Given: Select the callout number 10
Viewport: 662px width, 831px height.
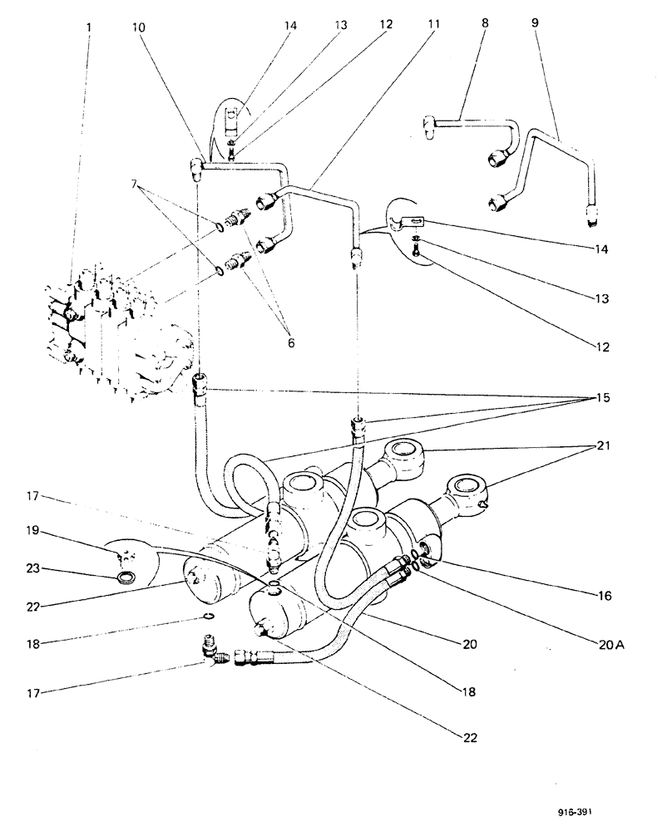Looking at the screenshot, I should [x=138, y=27].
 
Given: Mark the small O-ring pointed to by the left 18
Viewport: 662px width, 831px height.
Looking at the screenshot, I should [x=212, y=616].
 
